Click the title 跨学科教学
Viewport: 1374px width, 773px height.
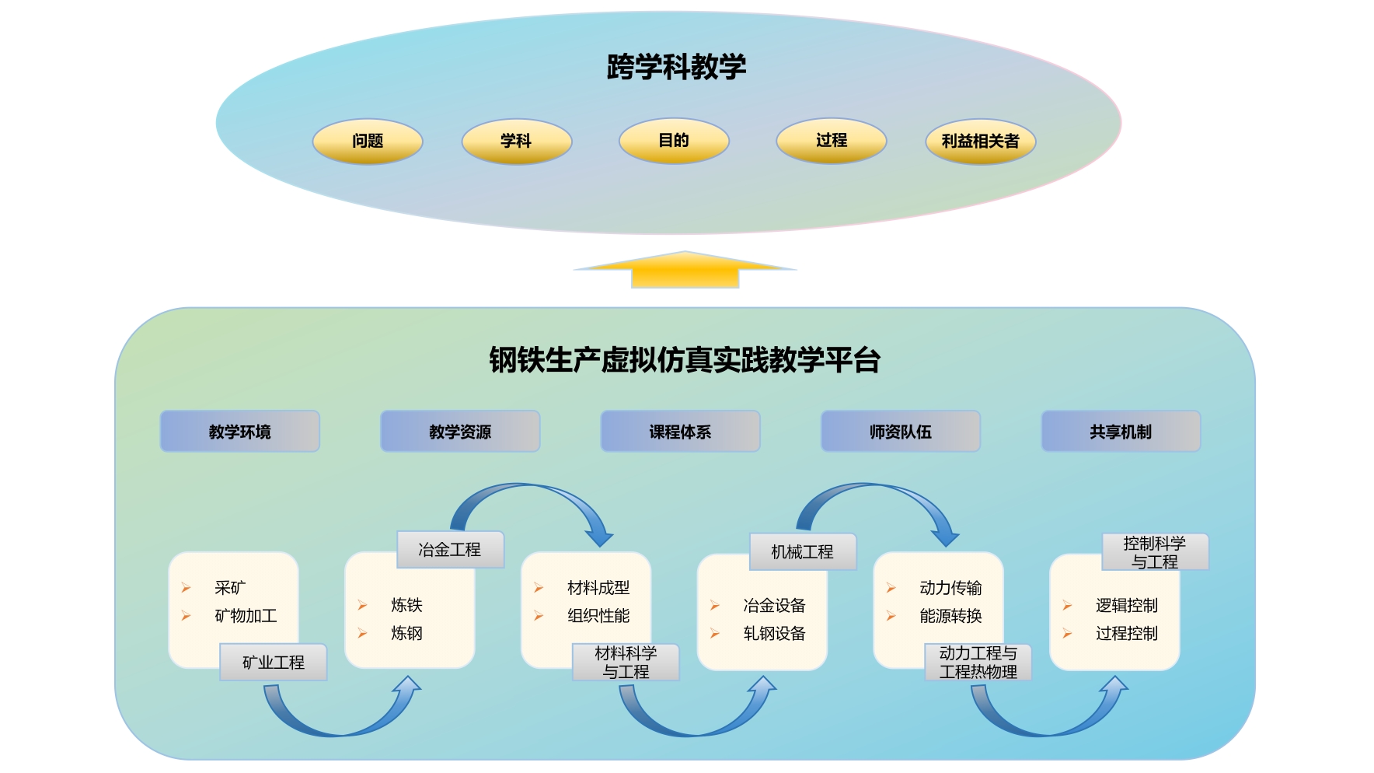coord(676,67)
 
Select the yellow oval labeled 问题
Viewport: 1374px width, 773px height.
coord(368,141)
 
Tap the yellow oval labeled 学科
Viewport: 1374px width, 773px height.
coord(516,141)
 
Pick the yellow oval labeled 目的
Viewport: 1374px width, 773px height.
coord(674,141)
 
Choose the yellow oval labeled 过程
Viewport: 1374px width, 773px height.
coord(831,141)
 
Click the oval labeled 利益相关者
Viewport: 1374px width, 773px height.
coord(980,142)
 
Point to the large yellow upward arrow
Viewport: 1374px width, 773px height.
coord(685,271)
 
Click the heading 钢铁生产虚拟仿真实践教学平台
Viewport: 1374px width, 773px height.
coord(684,360)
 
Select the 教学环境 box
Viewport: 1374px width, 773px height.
coord(240,432)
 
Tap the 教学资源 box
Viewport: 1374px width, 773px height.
coord(460,432)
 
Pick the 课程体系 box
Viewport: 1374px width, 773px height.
coord(680,432)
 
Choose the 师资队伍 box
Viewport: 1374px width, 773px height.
coord(901,432)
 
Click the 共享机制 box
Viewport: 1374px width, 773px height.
coord(1121,432)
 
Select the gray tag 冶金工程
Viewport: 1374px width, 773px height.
coord(450,550)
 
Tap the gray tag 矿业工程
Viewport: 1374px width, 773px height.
coord(274,663)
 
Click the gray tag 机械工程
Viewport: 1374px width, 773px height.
coord(802,552)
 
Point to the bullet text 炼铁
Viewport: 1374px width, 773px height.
coord(406,605)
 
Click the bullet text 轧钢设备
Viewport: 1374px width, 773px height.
coord(774,634)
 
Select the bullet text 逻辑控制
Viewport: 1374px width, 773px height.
coord(1126,606)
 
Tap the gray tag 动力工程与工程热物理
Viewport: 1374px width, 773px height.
coord(978,663)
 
